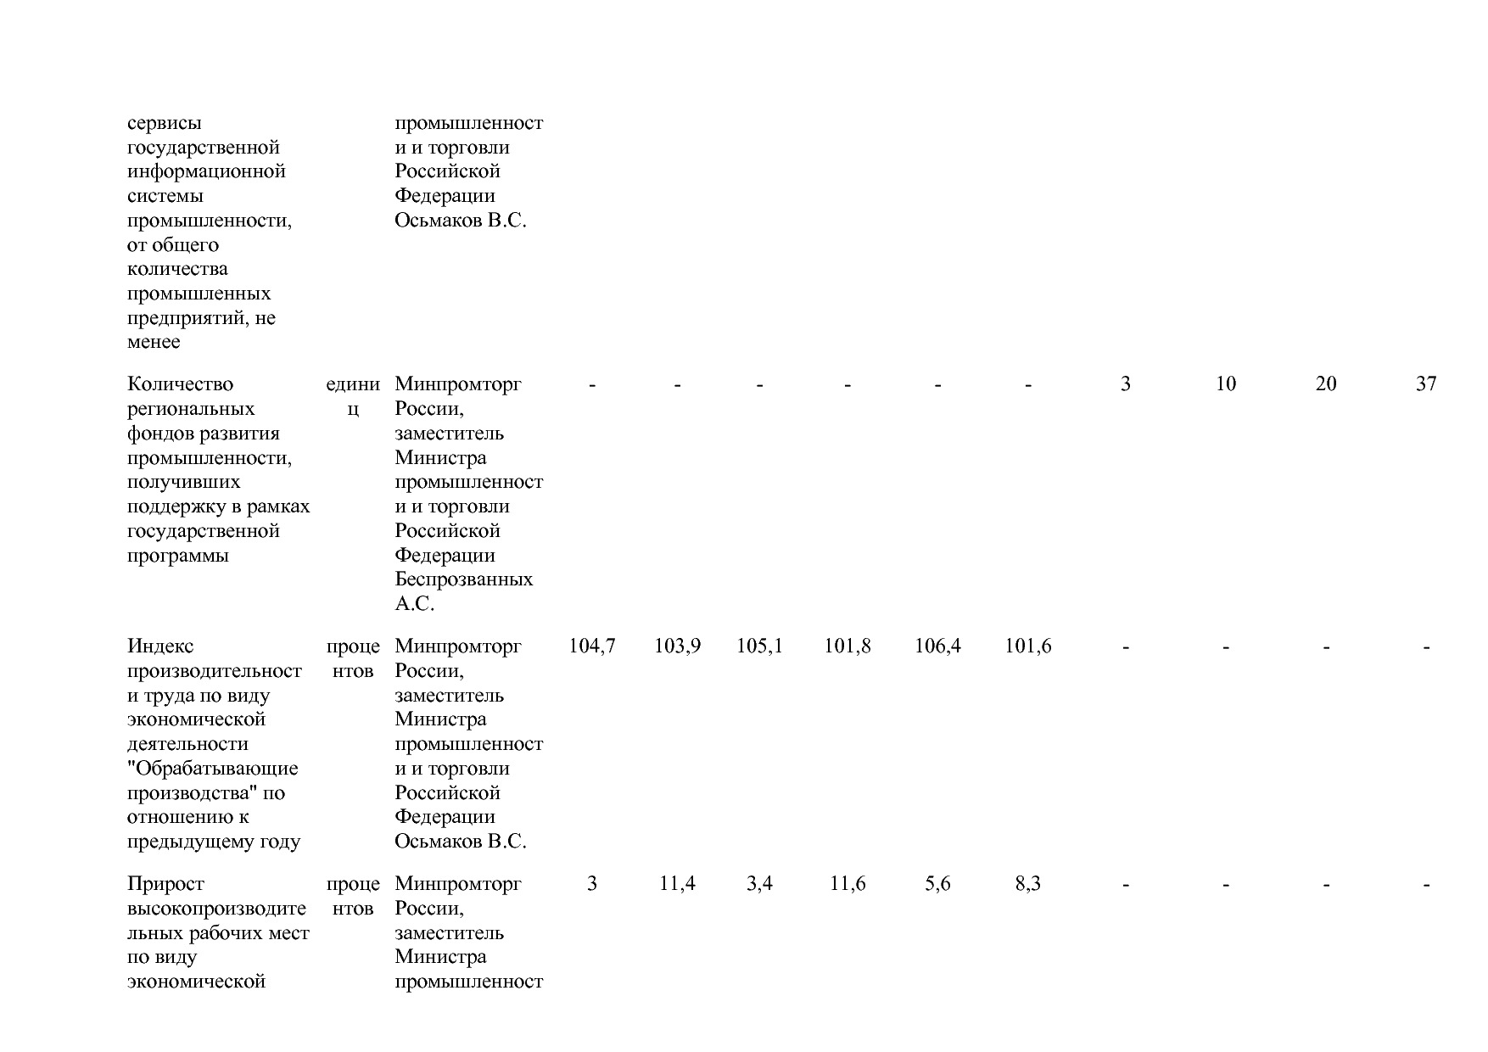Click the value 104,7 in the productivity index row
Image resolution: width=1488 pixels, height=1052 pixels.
click(591, 646)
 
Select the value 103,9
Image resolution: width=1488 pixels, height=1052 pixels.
click(677, 646)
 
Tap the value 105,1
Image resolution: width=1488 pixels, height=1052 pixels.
click(759, 646)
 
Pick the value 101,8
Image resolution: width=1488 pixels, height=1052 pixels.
click(847, 646)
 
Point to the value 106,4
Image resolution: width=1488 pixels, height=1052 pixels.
click(937, 646)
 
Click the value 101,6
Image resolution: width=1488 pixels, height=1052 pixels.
click(1027, 646)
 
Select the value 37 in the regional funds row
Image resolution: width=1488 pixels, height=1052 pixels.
click(1426, 384)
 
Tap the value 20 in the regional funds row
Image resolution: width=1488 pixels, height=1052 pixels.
click(1325, 384)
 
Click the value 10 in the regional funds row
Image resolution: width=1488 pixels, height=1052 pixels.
click(1225, 384)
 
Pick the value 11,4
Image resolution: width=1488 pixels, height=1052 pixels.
click(677, 884)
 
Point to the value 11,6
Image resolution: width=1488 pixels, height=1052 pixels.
click(847, 884)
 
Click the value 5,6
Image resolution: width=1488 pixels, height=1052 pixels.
click(937, 884)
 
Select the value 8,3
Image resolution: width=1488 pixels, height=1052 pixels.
click(1027, 884)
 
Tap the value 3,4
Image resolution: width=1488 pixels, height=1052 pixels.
click(759, 884)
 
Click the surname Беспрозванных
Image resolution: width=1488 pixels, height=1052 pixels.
click(463, 579)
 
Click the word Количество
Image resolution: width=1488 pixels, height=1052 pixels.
click(180, 384)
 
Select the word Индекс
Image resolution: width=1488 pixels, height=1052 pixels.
click(160, 646)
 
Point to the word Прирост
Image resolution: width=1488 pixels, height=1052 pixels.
click(165, 884)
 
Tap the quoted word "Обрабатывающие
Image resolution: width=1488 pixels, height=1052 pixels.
click(212, 769)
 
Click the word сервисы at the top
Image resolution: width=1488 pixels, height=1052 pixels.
click(165, 123)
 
